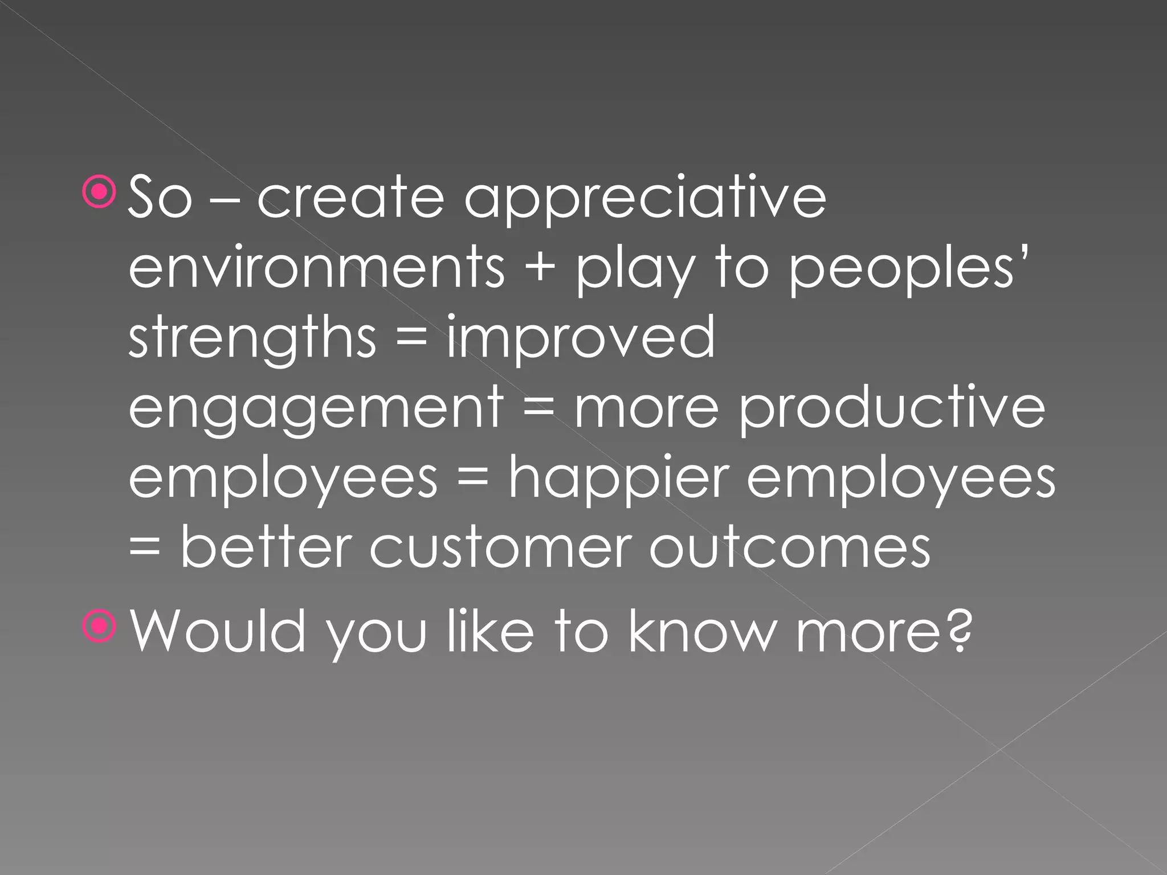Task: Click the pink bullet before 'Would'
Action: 100,627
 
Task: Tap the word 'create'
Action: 350,197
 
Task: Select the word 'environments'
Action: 317,267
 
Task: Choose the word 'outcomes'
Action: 790,547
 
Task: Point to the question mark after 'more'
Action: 958,629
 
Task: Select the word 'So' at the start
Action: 160,197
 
